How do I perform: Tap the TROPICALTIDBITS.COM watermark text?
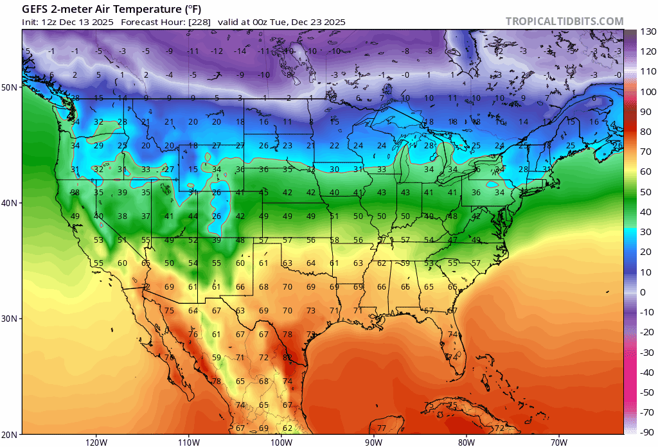tap(564, 21)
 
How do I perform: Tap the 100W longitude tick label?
tap(281, 442)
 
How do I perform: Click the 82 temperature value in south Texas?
tap(287, 358)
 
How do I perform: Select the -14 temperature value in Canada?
tap(240, 51)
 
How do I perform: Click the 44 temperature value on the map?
tap(193, 216)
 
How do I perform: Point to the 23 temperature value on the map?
tap(287, 146)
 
